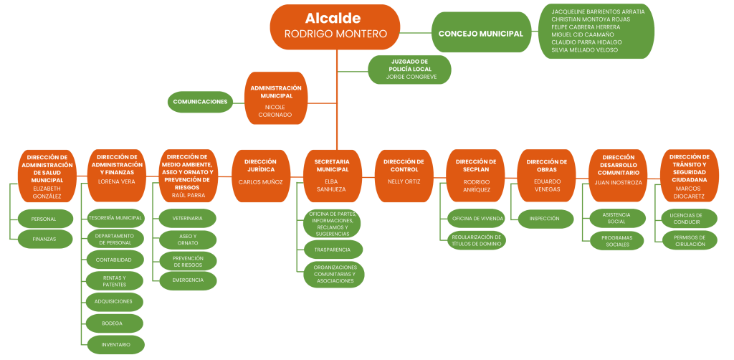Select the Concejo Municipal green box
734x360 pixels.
(x=480, y=34)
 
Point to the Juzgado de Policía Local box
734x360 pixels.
(x=409, y=70)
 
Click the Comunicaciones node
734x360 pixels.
(x=201, y=102)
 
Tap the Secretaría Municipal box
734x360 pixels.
(x=332, y=175)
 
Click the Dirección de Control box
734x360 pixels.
(x=404, y=172)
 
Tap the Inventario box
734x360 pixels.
(x=115, y=344)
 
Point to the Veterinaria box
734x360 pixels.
(x=187, y=217)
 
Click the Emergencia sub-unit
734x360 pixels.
(x=187, y=280)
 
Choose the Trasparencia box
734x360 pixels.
(x=332, y=249)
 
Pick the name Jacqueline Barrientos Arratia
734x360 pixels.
(x=598, y=11)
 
